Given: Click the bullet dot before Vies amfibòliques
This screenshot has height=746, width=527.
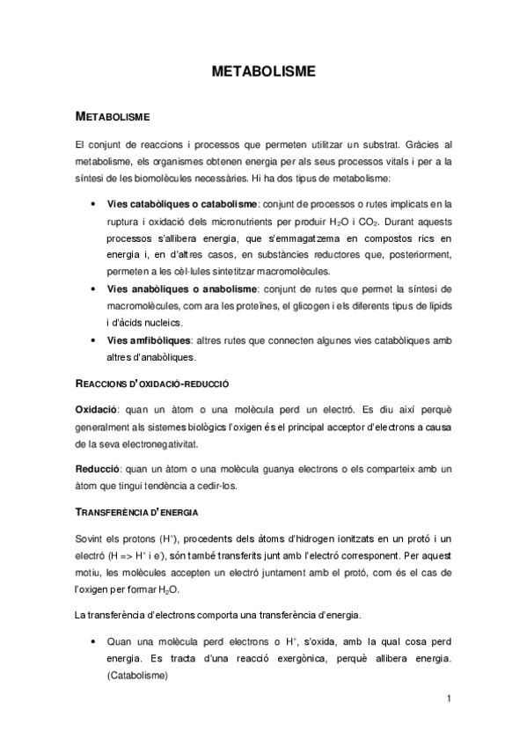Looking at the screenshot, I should point(93,340).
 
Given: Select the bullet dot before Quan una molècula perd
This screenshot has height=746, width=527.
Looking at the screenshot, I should point(93,643).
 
